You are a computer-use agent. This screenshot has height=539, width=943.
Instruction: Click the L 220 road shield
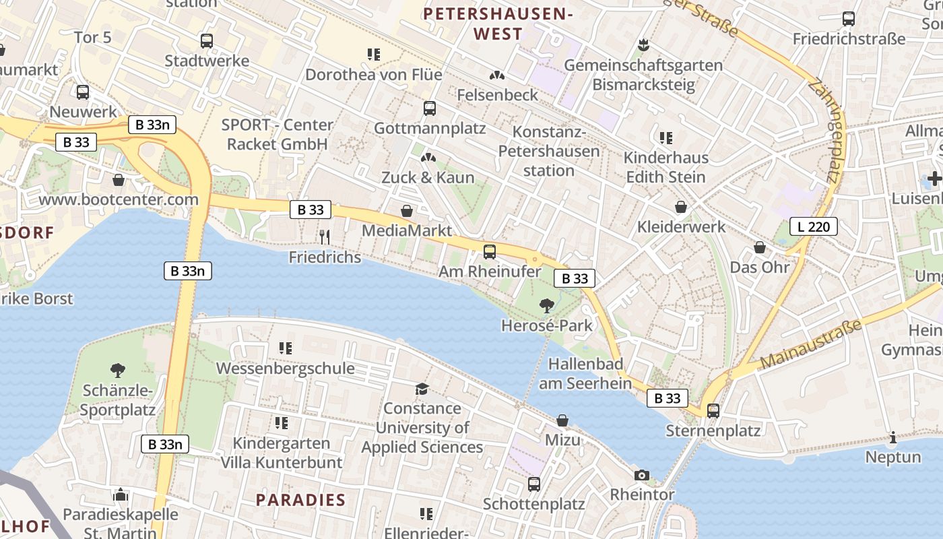point(813,226)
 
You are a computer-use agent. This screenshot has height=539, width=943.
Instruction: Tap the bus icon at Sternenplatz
point(713,410)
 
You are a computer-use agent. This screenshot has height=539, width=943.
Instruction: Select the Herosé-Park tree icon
point(547,305)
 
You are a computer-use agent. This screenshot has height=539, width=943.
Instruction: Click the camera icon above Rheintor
point(642,475)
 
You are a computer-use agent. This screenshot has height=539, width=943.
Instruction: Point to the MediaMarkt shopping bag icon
point(407,211)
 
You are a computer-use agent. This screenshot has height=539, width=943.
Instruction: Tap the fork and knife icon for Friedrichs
point(325,236)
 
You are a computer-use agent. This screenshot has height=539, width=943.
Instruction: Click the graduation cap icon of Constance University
point(422,389)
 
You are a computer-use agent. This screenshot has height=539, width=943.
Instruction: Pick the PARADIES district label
point(301,500)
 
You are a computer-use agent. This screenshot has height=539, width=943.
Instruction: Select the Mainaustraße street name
point(812,344)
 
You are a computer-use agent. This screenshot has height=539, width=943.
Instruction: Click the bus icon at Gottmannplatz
point(430,108)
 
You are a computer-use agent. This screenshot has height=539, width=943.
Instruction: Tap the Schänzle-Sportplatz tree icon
point(118,369)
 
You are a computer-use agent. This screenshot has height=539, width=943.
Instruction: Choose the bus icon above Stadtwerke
point(207,40)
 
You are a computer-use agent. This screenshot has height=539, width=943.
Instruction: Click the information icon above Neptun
point(893,437)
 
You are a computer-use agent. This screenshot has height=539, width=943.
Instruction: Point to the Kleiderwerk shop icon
point(681,206)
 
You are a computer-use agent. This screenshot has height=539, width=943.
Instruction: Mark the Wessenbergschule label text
point(285,369)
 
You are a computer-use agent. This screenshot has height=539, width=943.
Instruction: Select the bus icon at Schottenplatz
point(534,484)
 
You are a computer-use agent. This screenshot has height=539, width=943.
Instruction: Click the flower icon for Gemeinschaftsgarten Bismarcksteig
point(643,45)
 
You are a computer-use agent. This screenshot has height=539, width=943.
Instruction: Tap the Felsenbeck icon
point(497,75)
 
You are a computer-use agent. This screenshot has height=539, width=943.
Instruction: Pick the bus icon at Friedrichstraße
point(849,19)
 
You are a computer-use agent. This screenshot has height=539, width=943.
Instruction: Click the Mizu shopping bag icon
point(562,420)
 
